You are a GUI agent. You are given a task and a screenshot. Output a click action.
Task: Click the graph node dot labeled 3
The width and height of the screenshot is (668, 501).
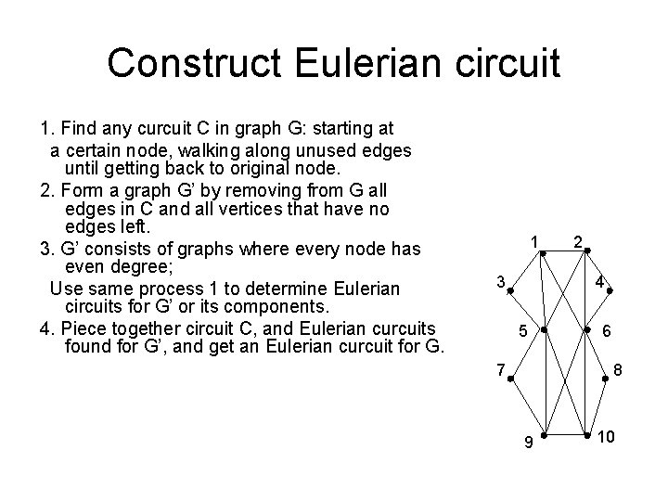tap(510, 290)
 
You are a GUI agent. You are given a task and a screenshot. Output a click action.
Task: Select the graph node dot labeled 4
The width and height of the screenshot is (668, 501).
tap(610, 290)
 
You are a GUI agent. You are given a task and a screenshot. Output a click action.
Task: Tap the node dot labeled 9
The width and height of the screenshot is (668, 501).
tap(544, 434)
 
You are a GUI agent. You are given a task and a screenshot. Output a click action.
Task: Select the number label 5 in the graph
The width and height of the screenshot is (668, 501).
tap(523, 331)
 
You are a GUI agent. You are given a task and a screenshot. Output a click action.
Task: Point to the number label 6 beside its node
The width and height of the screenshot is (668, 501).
tap(606, 331)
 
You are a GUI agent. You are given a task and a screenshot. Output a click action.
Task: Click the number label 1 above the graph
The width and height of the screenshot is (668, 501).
tap(535, 241)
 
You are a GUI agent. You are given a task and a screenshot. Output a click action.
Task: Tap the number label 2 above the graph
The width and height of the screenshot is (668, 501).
tap(577, 241)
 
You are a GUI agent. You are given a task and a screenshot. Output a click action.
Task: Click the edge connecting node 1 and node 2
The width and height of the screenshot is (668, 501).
tap(565, 250)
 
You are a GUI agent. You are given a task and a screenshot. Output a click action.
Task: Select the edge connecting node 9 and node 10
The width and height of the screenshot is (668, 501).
tap(565, 434)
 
